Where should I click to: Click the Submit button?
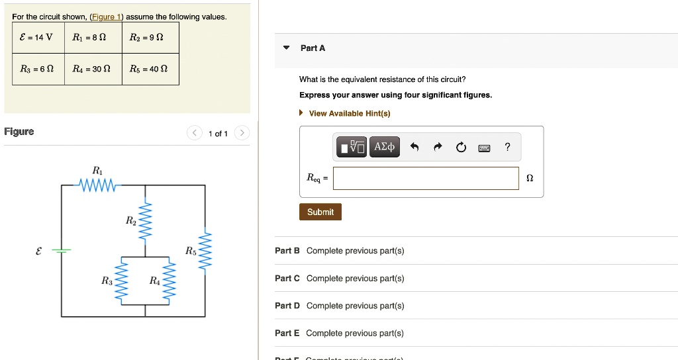coord(320,212)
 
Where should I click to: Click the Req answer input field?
coord(426,178)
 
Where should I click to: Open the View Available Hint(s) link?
coord(349,113)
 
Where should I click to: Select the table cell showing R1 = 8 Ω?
coord(93,37)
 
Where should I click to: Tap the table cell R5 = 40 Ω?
coord(150,69)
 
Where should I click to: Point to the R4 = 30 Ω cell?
coord(93,69)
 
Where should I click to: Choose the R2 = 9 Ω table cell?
coord(150,37)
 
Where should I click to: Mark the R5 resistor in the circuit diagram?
coord(206,251)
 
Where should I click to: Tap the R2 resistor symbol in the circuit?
coord(146,219)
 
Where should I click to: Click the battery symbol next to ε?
coord(62,251)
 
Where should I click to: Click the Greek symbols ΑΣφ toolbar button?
coord(384,147)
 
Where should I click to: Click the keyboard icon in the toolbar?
coord(484,148)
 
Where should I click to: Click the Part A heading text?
coord(313,48)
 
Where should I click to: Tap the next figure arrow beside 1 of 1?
coord(242,134)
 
